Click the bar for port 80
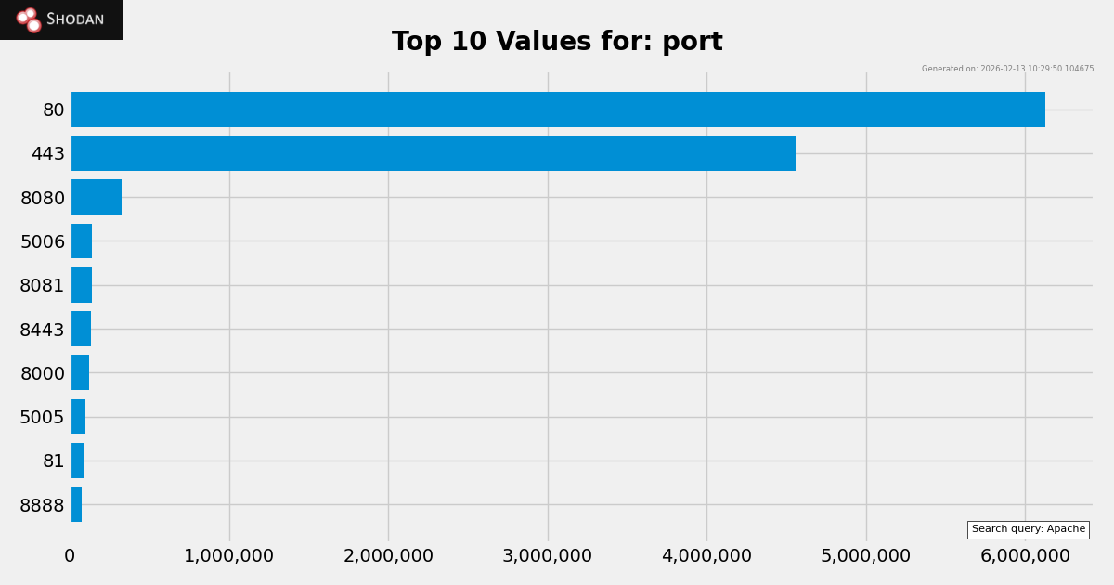(x=557, y=110)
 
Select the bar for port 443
(x=433, y=153)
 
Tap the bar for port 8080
(x=97, y=197)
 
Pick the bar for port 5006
(x=82, y=241)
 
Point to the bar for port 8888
(x=77, y=504)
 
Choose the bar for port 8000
(x=81, y=372)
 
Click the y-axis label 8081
(x=43, y=286)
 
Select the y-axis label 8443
(x=43, y=330)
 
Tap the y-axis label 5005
(x=43, y=418)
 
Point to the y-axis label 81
(x=54, y=461)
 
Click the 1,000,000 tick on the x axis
(x=228, y=556)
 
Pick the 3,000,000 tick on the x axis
(x=547, y=556)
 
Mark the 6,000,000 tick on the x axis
(x=1025, y=556)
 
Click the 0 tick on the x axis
(x=70, y=556)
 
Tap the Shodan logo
(x=61, y=19)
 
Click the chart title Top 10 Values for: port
(x=557, y=43)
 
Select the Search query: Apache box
(x=1028, y=529)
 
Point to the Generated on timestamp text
(x=1007, y=69)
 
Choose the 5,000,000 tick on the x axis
(x=865, y=556)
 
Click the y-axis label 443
(x=48, y=154)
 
